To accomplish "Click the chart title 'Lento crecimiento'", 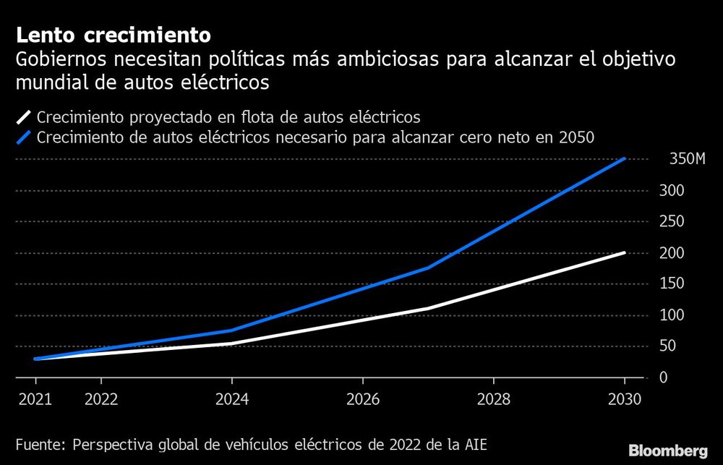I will point(114,35).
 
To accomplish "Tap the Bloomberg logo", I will point(668,450).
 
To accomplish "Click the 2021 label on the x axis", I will point(35,398).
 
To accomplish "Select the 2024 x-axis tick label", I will point(231,398).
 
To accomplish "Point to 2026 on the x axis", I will point(362,398).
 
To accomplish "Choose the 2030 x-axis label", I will point(624,398).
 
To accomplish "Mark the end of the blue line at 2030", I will point(625,158).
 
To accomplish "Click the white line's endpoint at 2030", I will point(625,253).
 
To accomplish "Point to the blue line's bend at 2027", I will point(428,268).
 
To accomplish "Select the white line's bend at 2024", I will point(231,344).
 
